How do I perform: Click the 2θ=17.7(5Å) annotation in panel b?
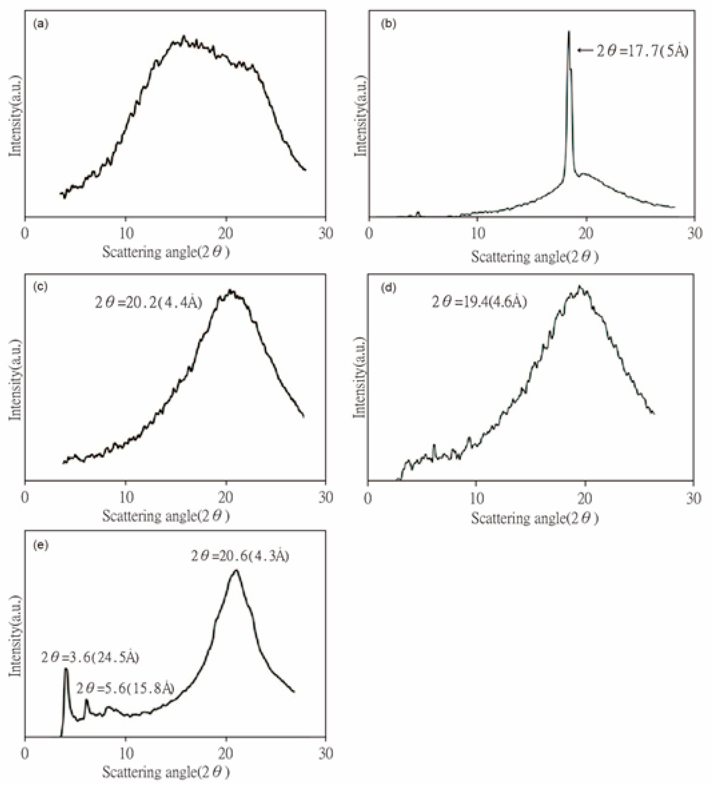tap(642, 51)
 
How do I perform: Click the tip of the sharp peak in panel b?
tap(569, 32)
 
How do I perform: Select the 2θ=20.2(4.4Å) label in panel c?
tap(148, 302)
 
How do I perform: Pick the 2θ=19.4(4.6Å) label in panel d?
tap(479, 302)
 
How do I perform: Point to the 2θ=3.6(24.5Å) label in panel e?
tap(90, 657)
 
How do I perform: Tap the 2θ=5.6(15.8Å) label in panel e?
tap(125, 688)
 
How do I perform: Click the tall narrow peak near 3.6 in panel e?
tap(66, 670)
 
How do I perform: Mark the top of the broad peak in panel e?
tap(235, 570)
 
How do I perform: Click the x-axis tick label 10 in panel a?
tap(126, 233)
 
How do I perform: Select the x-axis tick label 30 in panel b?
tap(694, 233)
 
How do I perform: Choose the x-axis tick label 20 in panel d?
tap(585, 498)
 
